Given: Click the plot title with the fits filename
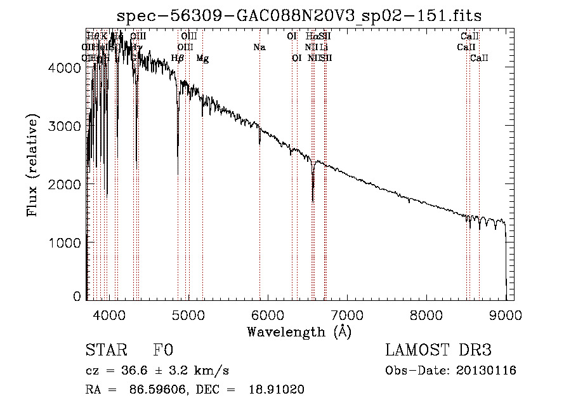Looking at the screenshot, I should coord(299,16).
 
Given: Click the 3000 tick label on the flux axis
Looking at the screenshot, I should coord(67,126).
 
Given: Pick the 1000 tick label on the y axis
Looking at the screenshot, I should coord(67,243).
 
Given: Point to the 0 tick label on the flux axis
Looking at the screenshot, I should coord(77,296).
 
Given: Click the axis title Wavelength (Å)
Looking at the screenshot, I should coord(299,331).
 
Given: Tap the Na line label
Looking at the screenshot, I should coord(259,47).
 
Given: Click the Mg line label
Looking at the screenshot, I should coord(202,58).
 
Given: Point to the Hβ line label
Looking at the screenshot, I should coord(178,58).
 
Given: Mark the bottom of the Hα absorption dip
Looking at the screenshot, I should coord(313,201).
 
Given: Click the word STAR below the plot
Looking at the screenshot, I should coord(105,350).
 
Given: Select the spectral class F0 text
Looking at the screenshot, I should coord(163,350).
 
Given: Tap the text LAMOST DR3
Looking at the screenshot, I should coord(438,350).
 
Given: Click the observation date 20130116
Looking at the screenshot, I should coord(487,370).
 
